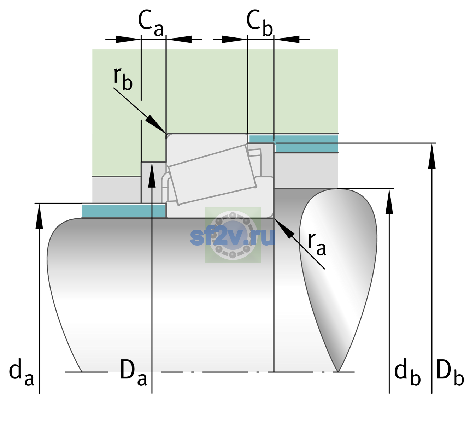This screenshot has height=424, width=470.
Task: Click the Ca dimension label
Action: (151, 23)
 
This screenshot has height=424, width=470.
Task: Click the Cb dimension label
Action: (260, 23)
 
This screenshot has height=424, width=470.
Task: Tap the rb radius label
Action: (123, 78)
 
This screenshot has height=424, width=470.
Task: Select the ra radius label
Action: (317, 244)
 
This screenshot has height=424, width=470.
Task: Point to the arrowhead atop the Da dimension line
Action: (152, 175)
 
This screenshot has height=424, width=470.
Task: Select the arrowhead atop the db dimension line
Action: (389, 201)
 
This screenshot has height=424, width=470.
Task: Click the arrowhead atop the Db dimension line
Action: (432, 156)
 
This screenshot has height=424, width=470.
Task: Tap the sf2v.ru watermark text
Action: (233, 237)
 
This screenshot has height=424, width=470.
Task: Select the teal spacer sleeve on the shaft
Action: (123, 211)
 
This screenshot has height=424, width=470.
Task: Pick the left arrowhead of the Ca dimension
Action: (128, 39)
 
